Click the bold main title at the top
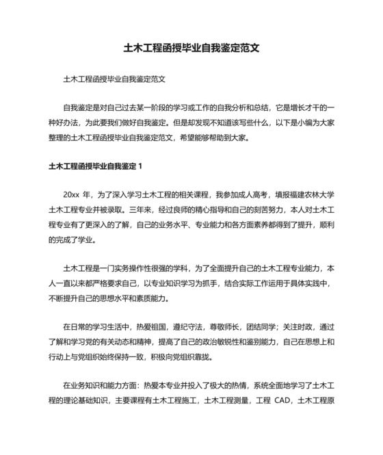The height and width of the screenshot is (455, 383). tap(191, 49)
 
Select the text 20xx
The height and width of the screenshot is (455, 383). tap(72, 194)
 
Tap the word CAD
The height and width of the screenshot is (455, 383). tap(276, 402)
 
